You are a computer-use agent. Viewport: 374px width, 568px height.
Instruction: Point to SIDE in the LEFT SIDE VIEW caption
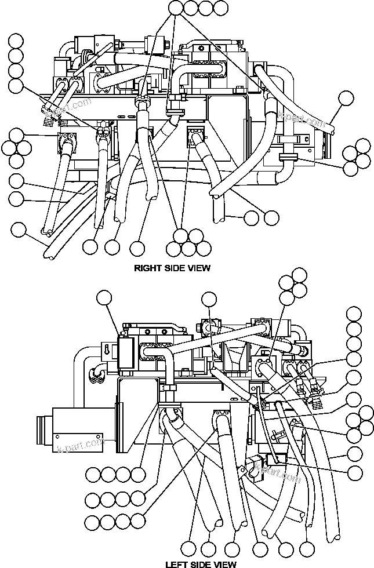click(x=201, y=563)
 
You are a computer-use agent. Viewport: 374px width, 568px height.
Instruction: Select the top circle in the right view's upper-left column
click(x=16, y=41)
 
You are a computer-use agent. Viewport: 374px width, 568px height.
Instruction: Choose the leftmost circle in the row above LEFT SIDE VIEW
click(x=188, y=547)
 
